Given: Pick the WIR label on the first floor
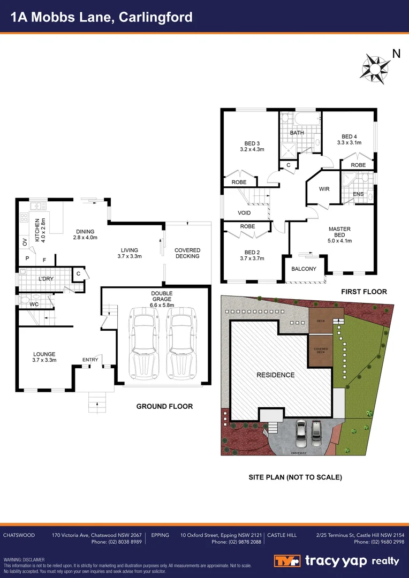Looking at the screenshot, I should click(324, 189).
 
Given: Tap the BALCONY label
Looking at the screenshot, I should click(304, 269).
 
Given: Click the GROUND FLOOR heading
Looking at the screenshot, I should click(164, 407).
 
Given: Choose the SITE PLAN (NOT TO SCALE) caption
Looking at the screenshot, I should click(295, 477).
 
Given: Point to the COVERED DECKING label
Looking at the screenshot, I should click(187, 253).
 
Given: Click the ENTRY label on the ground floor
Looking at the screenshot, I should click(90, 360).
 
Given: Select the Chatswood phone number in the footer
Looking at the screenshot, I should click(116, 542).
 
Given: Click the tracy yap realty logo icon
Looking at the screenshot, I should click(287, 561).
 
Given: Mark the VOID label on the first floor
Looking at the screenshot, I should click(244, 213).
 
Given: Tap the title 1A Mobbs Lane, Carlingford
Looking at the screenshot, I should click(102, 17).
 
